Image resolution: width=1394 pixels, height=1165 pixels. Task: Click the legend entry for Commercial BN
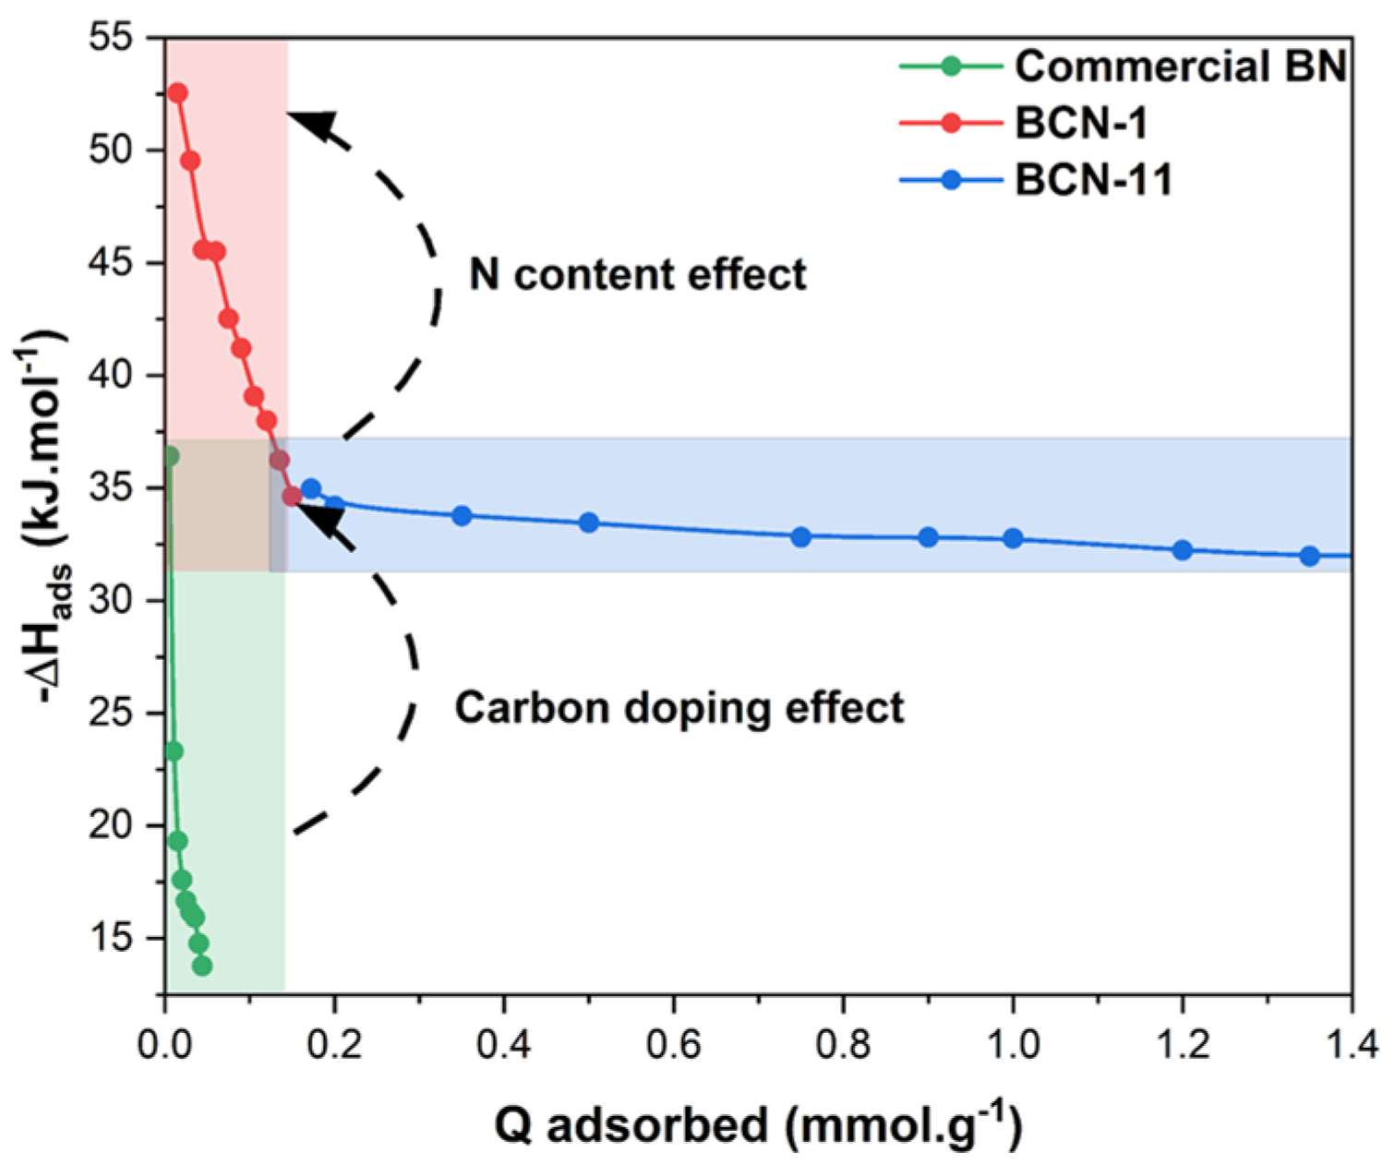tap(1180, 66)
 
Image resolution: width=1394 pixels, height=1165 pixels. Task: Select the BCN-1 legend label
tap(1081, 123)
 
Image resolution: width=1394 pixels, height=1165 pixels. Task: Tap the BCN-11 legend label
tap(1093, 179)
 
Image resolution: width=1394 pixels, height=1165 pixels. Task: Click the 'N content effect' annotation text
tap(638, 274)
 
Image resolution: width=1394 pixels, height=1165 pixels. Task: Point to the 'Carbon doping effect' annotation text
tap(679, 708)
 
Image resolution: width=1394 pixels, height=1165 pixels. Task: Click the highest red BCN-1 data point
tap(177, 93)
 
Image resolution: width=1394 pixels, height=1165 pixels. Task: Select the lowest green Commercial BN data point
tap(202, 966)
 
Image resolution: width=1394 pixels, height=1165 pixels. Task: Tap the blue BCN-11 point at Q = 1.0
tap(1013, 538)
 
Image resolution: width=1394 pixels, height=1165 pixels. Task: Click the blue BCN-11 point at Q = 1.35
tap(1309, 556)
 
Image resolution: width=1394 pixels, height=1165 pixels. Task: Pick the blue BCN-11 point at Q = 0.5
tap(589, 522)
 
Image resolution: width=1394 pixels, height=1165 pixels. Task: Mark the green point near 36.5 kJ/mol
tap(170, 456)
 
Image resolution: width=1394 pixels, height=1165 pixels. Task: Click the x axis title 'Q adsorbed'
tap(757, 1125)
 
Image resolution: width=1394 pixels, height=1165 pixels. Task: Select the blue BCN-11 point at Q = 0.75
tap(800, 537)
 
